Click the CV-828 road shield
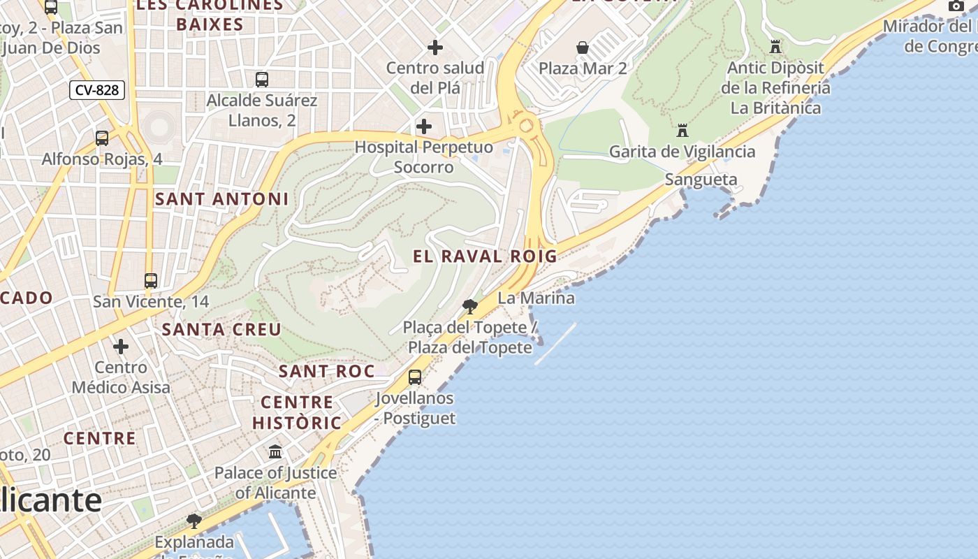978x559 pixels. tap(97, 90)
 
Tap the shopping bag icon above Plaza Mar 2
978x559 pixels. tap(582, 48)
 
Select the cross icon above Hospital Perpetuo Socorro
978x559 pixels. tap(423, 126)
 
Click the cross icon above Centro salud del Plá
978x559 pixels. tap(435, 48)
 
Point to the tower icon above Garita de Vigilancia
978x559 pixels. tap(682, 131)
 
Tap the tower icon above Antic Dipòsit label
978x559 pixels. tap(775, 47)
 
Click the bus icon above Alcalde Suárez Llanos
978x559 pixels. tap(262, 80)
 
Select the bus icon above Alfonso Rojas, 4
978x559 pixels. tap(102, 138)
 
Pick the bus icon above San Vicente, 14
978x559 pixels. tap(151, 281)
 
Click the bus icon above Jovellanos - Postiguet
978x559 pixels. tap(415, 377)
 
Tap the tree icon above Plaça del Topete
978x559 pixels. tap(470, 306)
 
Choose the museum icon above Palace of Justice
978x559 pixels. tap(275, 451)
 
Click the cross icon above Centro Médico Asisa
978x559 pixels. tap(121, 347)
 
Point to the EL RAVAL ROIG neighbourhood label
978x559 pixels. tap(485, 256)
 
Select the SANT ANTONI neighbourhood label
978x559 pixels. tap(221, 199)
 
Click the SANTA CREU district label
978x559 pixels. tap(221, 329)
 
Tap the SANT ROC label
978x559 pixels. tap(327, 371)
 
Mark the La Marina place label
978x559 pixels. tap(536, 298)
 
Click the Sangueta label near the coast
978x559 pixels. tap(701, 180)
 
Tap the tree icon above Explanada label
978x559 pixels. tap(194, 521)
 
